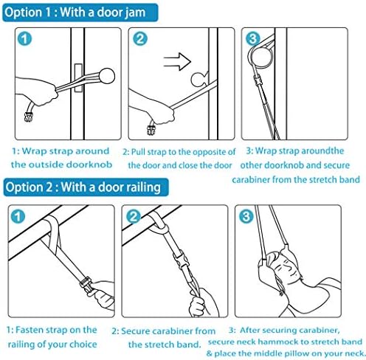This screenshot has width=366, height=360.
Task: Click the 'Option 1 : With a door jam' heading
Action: coord(75,13)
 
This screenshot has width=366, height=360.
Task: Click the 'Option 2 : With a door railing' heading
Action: coord(83,187)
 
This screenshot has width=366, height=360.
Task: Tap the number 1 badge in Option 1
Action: coord(24,39)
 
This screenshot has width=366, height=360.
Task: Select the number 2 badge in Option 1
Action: coord(140,39)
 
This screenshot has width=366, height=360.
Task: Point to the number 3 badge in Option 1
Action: coord(253,38)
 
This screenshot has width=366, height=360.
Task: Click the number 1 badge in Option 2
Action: coord(18,216)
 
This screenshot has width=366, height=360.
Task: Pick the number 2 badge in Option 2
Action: coord(134,216)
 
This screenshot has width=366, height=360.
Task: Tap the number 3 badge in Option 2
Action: coord(246,216)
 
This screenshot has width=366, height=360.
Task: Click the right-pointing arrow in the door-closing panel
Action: coord(177,61)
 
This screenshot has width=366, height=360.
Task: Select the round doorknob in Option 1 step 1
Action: coord(107,76)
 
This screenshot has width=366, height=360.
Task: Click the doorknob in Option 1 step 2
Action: coord(198,79)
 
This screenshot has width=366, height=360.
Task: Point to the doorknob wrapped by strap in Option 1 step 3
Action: coord(263,57)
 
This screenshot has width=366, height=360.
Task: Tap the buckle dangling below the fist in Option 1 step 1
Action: coord(29,117)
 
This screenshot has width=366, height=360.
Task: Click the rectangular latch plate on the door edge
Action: coord(78,77)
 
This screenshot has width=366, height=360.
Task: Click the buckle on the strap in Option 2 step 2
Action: coord(182,260)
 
